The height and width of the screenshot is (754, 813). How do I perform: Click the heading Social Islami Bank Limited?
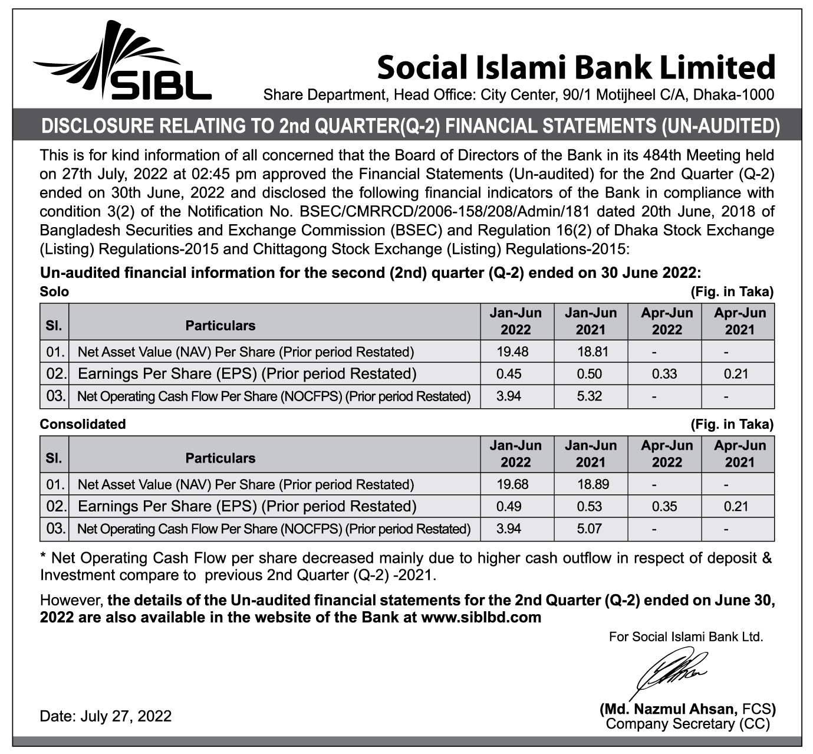pos(575,67)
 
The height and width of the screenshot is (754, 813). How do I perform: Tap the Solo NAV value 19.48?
pos(512,352)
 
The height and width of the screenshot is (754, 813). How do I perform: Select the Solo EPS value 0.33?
pos(664,374)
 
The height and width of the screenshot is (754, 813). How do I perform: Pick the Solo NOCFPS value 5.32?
pos(590,396)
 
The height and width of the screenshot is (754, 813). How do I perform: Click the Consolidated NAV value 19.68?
pos(512,485)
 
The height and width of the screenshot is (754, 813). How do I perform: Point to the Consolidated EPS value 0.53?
pos(590,507)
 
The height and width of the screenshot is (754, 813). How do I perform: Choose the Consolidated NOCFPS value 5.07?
pos(590,529)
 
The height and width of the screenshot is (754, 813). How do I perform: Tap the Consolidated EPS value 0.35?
pos(664,507)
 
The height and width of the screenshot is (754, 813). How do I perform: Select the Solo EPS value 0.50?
pos(590,374)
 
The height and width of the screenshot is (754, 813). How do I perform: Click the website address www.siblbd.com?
pos(481,618)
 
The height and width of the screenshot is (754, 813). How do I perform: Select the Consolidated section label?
pos(83,424)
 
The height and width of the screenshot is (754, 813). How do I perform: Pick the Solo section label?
pos(54,291)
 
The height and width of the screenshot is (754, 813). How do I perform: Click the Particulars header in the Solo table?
pos(220,326)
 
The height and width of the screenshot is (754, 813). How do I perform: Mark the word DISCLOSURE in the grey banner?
pos(91,126)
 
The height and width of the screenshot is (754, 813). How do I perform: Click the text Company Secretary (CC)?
pos(687,724)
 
